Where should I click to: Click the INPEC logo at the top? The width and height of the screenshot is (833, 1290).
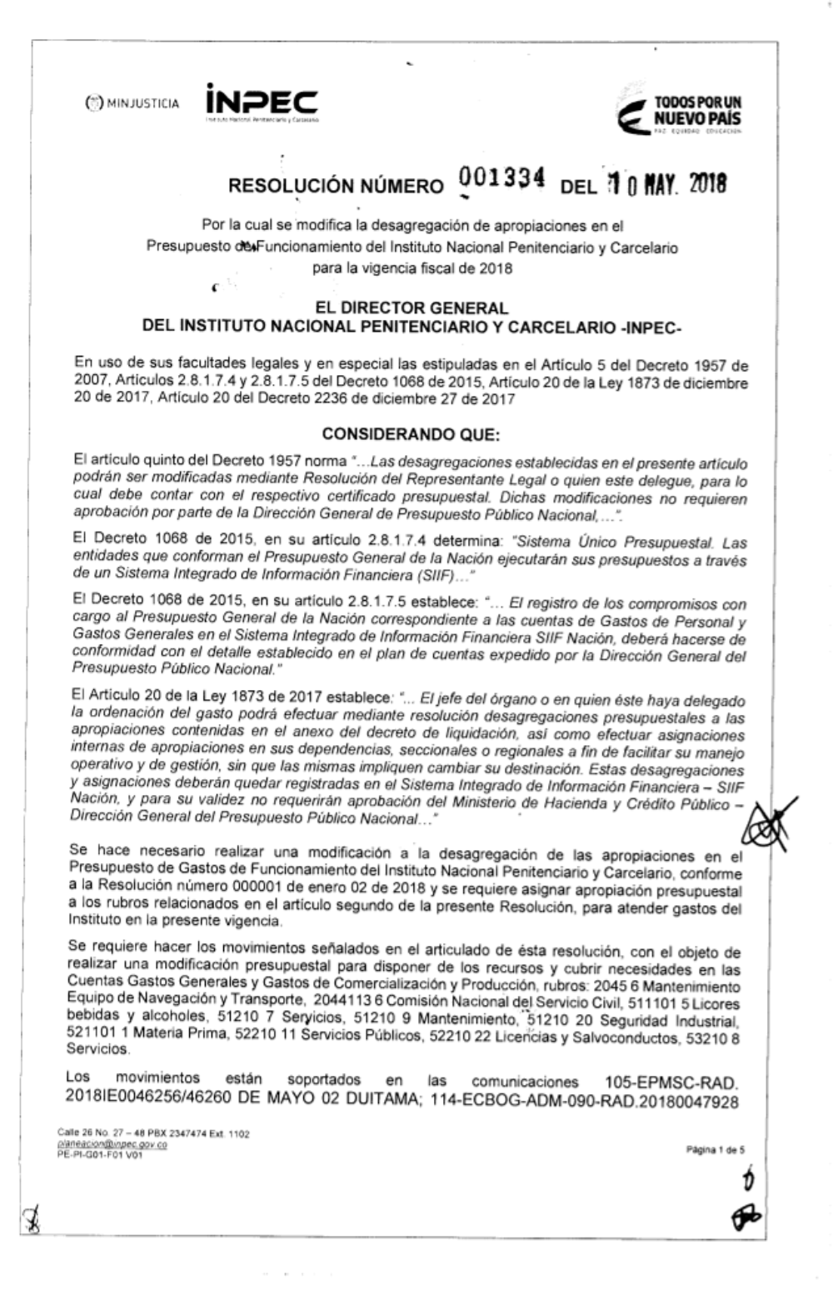point(262,105)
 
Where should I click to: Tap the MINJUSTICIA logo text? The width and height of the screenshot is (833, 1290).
point(133,104)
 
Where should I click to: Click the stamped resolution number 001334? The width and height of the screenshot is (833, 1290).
point(502,178)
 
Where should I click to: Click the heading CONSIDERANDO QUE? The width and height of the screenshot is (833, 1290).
point(411,434)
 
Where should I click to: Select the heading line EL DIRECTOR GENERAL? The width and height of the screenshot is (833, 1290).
point(412,308)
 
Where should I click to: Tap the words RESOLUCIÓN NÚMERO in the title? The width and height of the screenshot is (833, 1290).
point(336,186)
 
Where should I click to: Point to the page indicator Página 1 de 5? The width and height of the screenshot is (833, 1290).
point(715,1150)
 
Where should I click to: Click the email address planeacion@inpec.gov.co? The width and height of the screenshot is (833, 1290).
point(112,1144)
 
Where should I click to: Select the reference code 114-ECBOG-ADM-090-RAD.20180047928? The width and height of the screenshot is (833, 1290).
point(584,1100)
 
